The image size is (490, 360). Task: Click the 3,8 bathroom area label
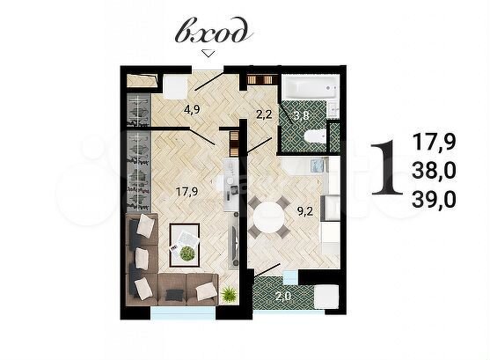coord(301,114)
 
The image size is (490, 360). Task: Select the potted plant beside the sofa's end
coord(229,292)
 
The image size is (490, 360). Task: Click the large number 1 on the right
coord(380,167)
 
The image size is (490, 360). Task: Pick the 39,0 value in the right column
coord(434,198)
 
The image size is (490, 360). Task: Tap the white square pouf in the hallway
coord(172,84)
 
